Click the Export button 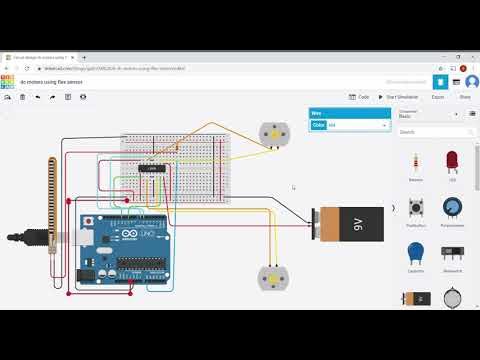[x=438, y=97]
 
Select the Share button [x=464, y=97]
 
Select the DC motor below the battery [x=270, y=278]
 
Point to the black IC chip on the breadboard [x=153, y=168]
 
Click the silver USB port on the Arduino [x=70, y=237]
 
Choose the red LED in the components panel [x=452, y=162]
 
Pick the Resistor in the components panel [x=416, y=162]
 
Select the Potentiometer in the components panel [x=452, y=208]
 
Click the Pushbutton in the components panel [x=416, y=208]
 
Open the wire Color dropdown [x=356, y=125]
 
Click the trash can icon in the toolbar [x=23, y=97]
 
